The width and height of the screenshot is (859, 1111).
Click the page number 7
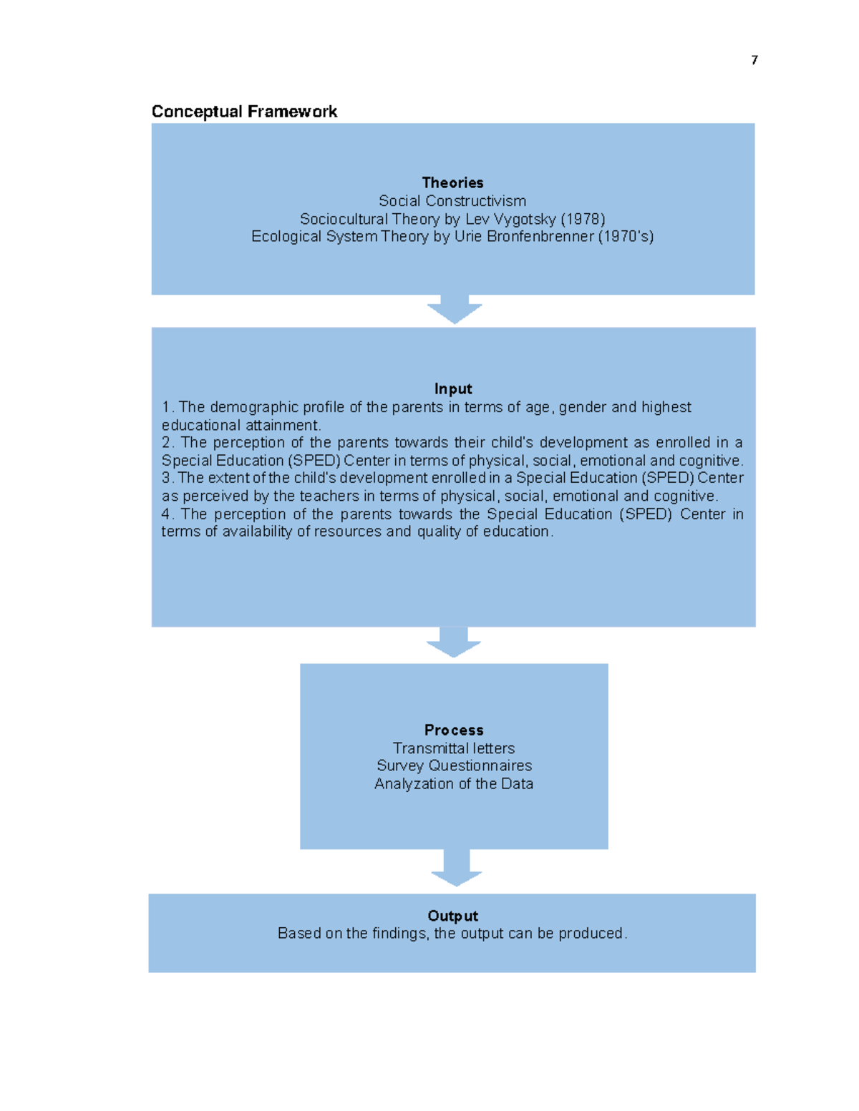754,60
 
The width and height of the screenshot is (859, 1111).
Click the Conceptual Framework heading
244,112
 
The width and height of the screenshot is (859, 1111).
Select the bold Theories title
452,183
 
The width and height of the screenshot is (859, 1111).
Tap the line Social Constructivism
452,201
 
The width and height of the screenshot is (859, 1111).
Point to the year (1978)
583,219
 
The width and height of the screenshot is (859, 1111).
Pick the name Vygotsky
525,219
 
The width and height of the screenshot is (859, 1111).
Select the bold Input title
453,389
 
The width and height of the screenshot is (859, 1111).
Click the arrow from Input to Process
454,642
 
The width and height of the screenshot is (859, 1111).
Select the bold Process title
454,730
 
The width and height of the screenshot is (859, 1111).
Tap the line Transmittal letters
454,748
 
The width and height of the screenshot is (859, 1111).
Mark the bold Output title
452,916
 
